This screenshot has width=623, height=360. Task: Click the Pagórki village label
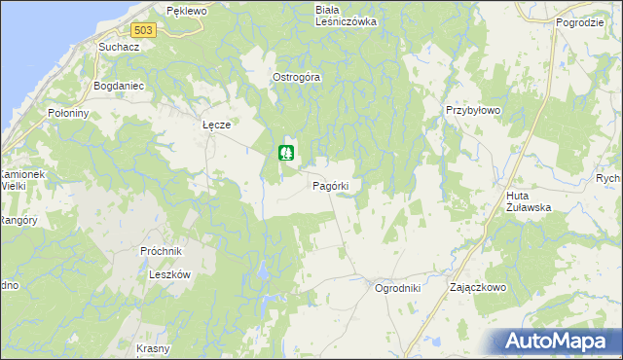click(338, 185)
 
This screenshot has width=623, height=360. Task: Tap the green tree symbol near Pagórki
click(286, 153)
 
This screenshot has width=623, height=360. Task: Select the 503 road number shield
click(144, 30)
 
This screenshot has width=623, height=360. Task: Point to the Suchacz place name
click(121, 46)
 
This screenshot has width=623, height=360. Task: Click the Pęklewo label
click(188, 11)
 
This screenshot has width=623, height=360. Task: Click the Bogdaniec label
click(119, 86)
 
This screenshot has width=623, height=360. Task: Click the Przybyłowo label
click(472, 111)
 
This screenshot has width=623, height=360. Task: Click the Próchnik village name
click(162, 251)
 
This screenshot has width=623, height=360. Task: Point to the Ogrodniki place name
click(397, 288)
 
